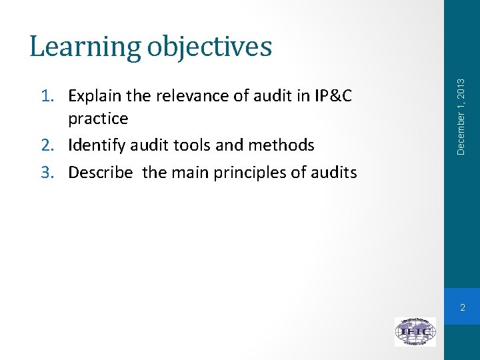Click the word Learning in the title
click(84, 47)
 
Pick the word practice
click(98, 119)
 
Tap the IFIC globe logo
click(415, 331)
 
